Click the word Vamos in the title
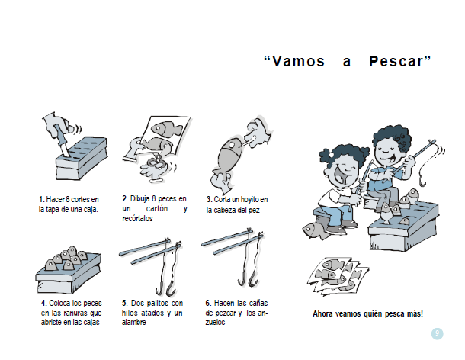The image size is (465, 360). [299, 62]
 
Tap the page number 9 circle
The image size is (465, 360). [437, 333]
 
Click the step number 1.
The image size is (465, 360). [41, 199]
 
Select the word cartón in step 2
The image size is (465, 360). [157, 209]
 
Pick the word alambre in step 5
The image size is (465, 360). [133, 323]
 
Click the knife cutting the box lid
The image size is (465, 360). [62, 142]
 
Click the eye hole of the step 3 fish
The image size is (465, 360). [231, 145]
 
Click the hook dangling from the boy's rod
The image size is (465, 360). [422, 180]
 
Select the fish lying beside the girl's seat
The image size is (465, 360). [316, 230]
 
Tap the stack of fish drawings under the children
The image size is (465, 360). [338, 276]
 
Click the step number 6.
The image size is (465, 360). [208, 303]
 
